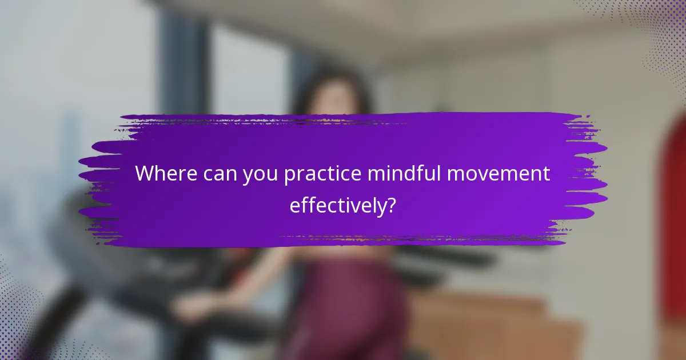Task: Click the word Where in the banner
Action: pos(166,174)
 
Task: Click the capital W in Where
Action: pos(145,174)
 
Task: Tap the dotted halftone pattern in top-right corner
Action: pos(657,34)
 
